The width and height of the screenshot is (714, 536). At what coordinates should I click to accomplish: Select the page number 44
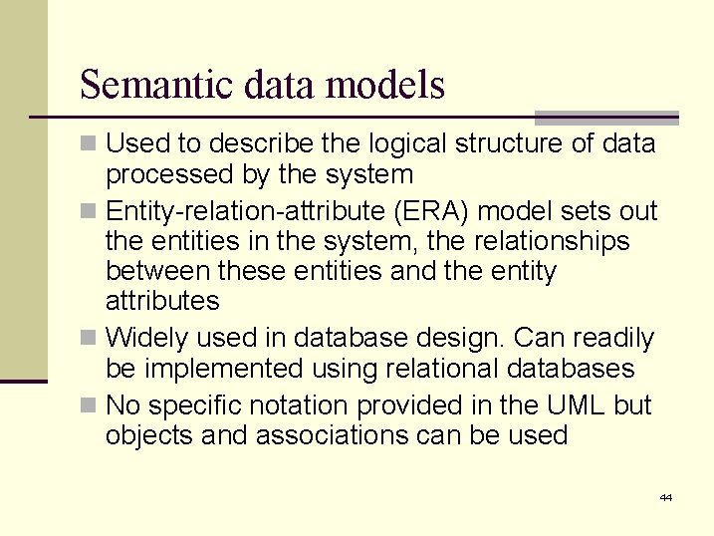(665, 497)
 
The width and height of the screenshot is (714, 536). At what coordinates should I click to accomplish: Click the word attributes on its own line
(162, 301)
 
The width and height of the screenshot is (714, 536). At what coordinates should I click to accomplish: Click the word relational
(441, 369)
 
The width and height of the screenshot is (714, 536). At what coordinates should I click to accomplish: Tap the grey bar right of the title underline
(606, 117)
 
